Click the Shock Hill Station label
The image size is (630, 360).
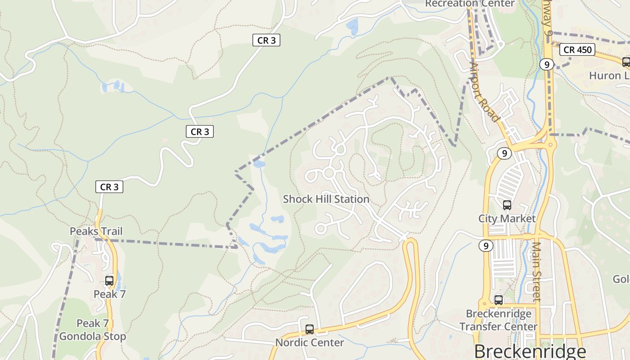point(326,199)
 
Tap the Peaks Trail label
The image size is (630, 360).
point(96,231)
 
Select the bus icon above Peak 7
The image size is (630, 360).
point(109,280)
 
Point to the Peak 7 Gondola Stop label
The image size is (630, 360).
point(93,330)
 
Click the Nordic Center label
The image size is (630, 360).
point(310,342)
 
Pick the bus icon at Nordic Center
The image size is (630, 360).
point(310,329)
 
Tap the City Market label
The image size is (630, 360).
point(507,218)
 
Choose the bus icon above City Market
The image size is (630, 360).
point(507,205)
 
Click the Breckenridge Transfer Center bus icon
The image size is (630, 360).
point(499,300)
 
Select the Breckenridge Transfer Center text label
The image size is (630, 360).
point(499,320)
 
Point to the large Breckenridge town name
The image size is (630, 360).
point(530,351)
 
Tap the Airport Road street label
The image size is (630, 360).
point(485,92)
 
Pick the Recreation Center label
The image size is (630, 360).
point(470,4)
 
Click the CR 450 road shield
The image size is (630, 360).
point(578,49)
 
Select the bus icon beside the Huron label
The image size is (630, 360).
point(626,62)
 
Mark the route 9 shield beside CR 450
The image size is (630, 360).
point(547,64)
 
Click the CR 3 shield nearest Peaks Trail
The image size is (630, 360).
point(109,187)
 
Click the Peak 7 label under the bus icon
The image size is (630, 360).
point(109,294)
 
